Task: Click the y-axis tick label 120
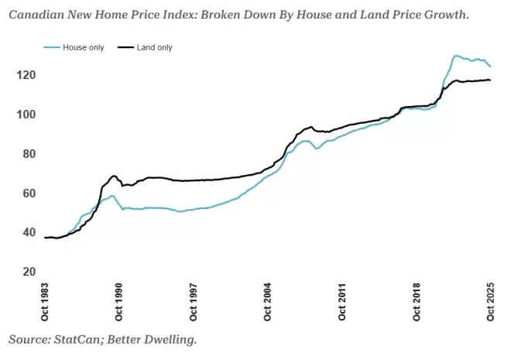point(26,75)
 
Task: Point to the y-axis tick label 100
point(26,115)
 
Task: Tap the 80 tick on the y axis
point(29,154)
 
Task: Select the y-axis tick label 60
point(29,194)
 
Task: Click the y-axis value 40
point(29,232)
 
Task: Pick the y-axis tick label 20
point(29,272)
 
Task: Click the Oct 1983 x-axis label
point(45,302)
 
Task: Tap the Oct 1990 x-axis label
point(118,302)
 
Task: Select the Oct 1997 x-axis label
point(194,302)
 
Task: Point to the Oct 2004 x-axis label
point(268,302)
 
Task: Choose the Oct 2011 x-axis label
point(342,302)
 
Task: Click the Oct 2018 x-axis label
point(417,302)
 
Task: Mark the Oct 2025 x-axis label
point(490,302)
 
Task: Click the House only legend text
point(83,47)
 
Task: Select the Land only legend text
point(155,47)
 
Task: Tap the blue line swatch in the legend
point(52,47)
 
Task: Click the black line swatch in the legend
point(125,47)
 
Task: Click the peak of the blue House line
point(456,56)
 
